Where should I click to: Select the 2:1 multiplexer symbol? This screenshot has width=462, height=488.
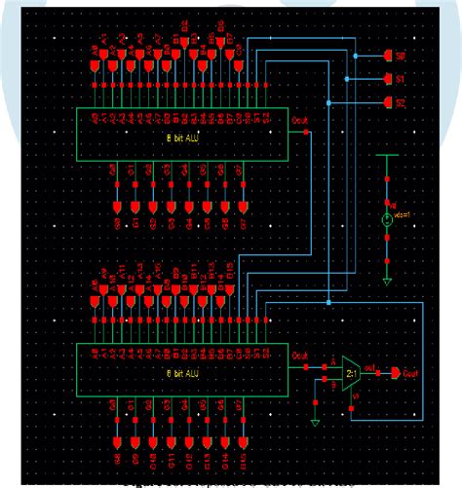pos(348,373)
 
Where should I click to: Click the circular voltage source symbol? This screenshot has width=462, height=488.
pos(387,220)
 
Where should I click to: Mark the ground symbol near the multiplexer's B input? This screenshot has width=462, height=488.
pos(314,422)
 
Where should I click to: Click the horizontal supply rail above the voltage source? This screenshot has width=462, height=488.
pos(387,154)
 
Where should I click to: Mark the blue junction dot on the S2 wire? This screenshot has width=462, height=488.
pos(331,103)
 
